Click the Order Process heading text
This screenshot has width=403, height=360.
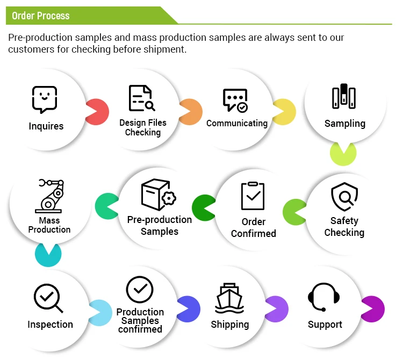(41, 16)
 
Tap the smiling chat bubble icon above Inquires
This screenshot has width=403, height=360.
(45, 99)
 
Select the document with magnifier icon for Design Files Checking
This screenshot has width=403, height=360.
(141, 98)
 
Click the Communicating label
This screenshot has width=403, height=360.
(237, 123)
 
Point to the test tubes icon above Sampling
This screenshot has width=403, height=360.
(344, 97)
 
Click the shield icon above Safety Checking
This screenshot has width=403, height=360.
(344, 197)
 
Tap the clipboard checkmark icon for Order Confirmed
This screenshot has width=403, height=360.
(253, 196)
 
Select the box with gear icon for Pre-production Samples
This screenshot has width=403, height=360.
(158, 195)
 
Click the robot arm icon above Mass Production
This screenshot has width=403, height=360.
(49, 196)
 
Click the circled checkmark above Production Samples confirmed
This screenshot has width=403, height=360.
(140, 290)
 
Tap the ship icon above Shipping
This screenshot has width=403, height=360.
(230, 298)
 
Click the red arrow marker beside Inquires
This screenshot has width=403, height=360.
(97, 112)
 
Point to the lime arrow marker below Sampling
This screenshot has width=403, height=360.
(343, 153)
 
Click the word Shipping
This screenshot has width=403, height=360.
(230, 325)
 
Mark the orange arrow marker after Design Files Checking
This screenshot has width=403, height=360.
(191, 112)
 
